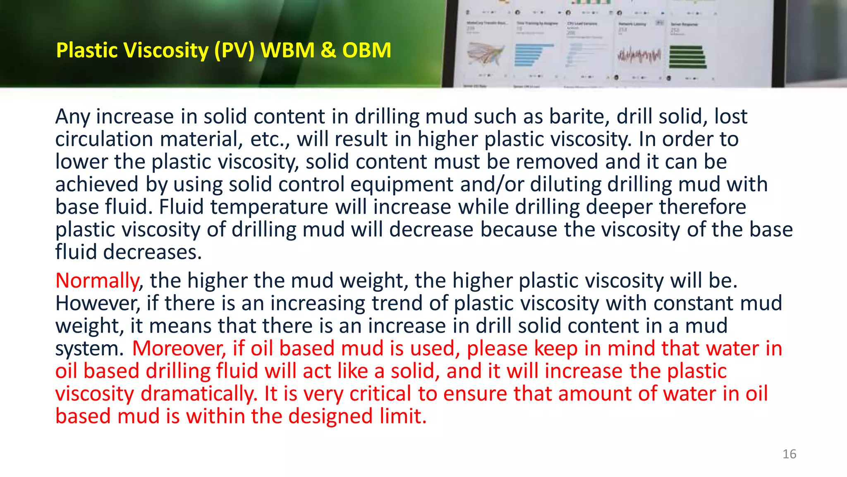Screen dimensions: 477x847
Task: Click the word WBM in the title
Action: pyautogui.click(x=287, y=50)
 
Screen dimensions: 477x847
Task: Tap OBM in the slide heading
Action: pyautogui.click(x=366, y=50)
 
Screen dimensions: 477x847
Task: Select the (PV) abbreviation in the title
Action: pyautogui.click(x=234, y=51)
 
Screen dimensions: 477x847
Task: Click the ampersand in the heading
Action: pyautogui.click(x=328, y=50)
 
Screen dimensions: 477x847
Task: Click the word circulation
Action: pyautogui.click(x=104, y=139)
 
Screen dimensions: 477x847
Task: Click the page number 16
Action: pyautogui.click(x=789, y=454)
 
